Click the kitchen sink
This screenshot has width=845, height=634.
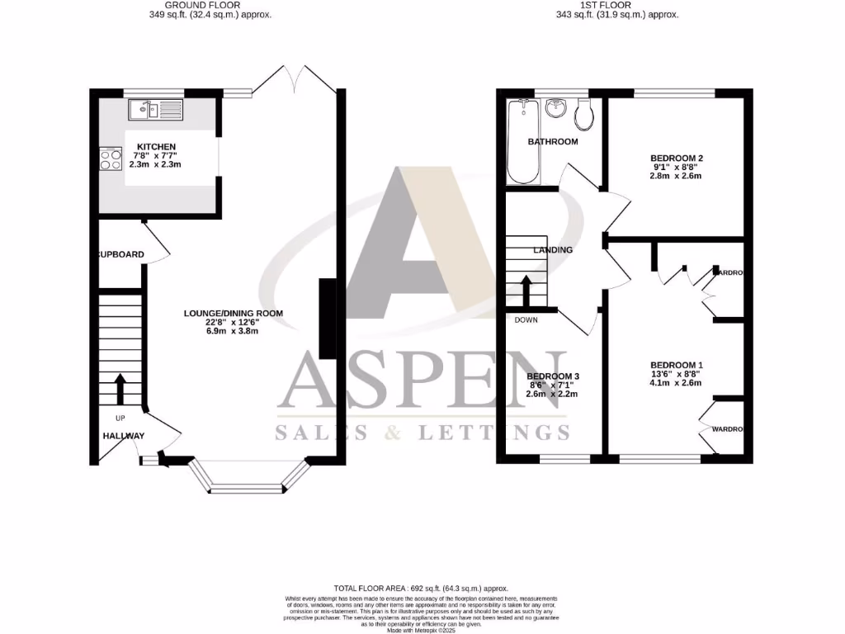[x=154, y=108]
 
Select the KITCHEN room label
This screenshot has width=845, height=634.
[x=157, y=146]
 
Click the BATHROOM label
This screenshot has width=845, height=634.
[x=553, y=141]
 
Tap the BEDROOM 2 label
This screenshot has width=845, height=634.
[x=677, y=158]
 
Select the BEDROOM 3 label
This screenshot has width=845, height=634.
[x=552, y=376]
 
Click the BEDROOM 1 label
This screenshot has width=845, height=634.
[x=677, y=365]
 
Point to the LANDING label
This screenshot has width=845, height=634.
[x=553, y=249]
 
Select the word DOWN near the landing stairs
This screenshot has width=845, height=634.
[x=526, y=319]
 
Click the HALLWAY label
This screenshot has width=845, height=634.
[x=124, y=436]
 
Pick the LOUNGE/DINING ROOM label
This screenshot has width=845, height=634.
[x=233, y=314]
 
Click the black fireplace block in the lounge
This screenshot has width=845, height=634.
[x=328, y=319]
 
